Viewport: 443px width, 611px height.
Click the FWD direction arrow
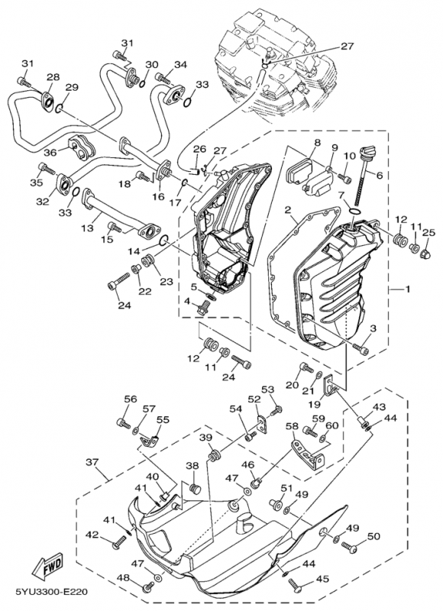click(47, 565)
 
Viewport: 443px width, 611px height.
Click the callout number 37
click(92, 462)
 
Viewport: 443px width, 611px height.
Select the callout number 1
click(408, 289)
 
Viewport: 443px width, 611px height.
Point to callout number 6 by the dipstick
click(379, 176)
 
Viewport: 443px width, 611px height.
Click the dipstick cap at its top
click(367, 150)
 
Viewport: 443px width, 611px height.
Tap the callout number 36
click(59, 150)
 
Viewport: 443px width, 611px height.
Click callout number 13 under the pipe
click(88, 227)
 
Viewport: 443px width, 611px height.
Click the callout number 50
click(373, 537)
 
